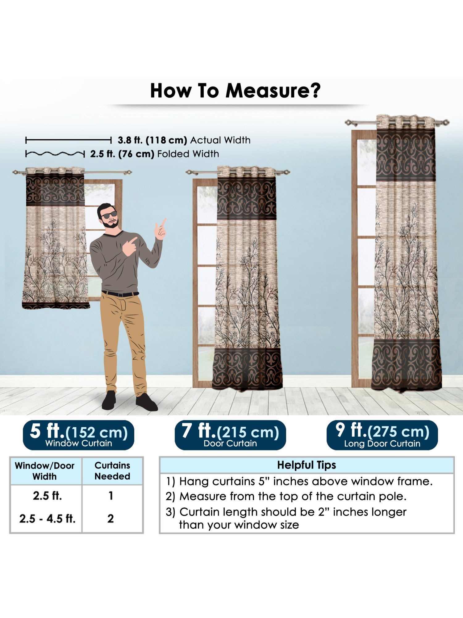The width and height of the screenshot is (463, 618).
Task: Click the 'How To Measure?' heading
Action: click(x=235, y=91)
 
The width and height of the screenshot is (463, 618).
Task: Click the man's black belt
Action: click(x=120, y=294)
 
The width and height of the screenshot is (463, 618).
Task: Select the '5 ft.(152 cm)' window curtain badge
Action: click(x=78, y=435)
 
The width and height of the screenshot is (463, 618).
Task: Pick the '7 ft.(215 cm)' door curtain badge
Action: click(x=230, y=435)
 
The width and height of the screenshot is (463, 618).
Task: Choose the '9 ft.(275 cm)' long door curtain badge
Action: click(x=382, y=435)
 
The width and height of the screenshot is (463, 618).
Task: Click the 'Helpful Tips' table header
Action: click(x=307, y=465)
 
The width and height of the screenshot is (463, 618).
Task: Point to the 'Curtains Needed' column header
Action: click(x=112, y=471)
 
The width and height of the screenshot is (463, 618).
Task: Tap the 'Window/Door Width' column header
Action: click(x=45, y=471)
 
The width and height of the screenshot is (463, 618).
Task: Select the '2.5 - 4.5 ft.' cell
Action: click(x=47, y=519)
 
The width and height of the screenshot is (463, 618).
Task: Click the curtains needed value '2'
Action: click(x=111, y=519)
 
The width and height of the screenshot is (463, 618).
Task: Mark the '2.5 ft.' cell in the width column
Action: click(x=48, y=496)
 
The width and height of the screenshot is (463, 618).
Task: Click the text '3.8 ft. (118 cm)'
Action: click(x=152, y=140)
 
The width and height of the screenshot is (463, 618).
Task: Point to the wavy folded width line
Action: click(x=55, y=154)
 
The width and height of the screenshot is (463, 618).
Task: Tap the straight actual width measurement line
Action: click(x=69, y=141)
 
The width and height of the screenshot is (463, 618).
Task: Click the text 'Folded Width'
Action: click(x=188, y=154)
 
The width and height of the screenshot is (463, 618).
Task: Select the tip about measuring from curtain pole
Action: click(x=286, y=497)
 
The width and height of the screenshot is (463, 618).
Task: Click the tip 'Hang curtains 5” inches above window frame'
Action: click(x=299, y=481)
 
